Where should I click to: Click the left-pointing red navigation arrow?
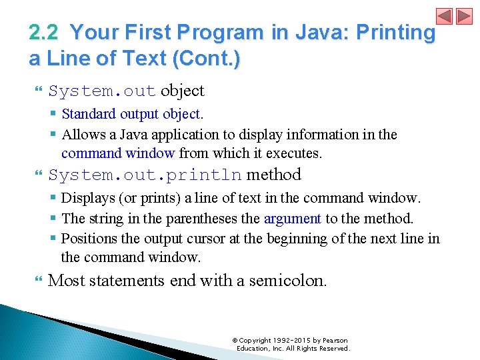click(x=445, y=16)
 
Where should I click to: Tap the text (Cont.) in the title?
click(x=206, y=59)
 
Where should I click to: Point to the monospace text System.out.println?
click(x=145, y=175)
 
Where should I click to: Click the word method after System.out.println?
click(x=274, y=175)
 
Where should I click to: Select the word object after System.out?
click(x=182, y=91)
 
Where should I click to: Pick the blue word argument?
click(x=293, y=218)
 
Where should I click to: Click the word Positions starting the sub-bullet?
click(x=87, y=238)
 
